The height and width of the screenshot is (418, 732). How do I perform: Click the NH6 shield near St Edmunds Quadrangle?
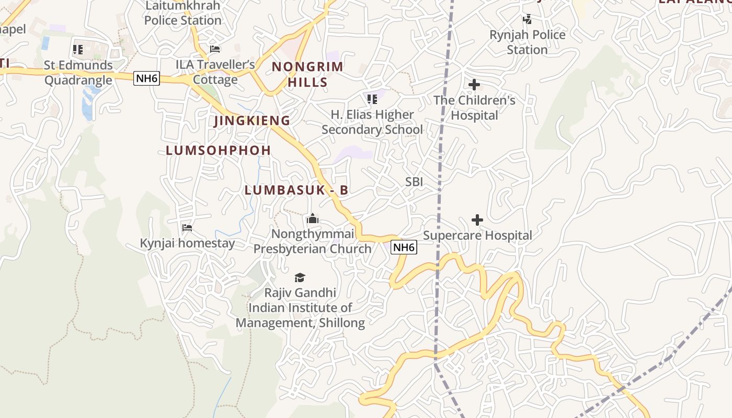click(146, 78)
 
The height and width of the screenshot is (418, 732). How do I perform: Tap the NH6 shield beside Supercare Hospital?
click(404, 248)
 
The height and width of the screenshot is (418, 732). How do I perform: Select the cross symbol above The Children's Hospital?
click(474, 85)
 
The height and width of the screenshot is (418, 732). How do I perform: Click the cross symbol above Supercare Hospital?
click(477, 220)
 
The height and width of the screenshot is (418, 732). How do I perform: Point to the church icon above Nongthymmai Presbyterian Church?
click(313, 218)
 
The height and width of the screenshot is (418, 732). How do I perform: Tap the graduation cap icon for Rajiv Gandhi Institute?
click(300, 277)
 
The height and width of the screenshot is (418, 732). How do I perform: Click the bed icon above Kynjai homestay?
click(187, 228)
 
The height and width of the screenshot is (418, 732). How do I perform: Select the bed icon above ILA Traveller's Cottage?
click(215, 49)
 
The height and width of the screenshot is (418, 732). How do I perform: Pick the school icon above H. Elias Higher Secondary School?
click(372, 99)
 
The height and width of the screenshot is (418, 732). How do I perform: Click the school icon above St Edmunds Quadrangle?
click(78, 50)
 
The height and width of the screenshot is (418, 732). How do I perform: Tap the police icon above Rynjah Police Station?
click(527, 20)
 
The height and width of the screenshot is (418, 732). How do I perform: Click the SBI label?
click(414, 182)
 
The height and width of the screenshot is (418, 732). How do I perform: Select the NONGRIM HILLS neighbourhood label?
click(307, 74)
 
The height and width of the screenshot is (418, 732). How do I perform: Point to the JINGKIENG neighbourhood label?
click(252, 121)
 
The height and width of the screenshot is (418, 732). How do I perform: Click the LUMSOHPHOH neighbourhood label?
click(218, 150)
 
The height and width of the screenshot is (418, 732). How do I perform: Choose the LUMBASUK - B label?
click(296, 190)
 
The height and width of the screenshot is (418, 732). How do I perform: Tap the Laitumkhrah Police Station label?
click(182, 13)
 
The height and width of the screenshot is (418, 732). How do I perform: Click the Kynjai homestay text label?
click(187, 243)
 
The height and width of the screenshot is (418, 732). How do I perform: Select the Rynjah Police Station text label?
click(527, 42)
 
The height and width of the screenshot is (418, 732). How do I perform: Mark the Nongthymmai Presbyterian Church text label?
click(313, 241)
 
